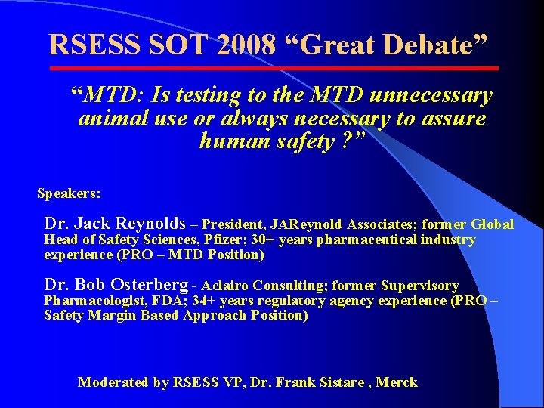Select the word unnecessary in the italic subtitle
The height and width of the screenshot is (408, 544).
coord(426,96)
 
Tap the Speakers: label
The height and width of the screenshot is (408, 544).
coord(69,193)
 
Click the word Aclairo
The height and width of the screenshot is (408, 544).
coord(225,286)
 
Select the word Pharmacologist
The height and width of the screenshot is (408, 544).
coord(90,301)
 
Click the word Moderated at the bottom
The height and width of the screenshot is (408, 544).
coord(113,382)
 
